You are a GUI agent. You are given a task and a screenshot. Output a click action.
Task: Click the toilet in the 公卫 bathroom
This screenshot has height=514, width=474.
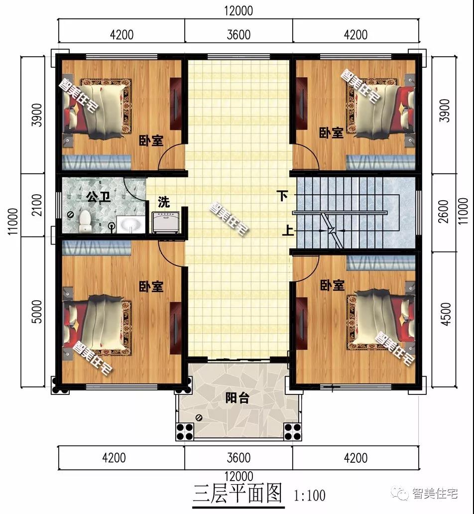point(85,221)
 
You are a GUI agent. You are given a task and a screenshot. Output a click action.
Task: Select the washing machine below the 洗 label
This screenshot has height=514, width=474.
point(165,223)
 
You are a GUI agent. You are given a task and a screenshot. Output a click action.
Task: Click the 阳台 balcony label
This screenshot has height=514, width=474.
point(237,398)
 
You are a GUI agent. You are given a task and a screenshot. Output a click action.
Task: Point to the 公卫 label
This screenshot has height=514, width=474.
point(98,197)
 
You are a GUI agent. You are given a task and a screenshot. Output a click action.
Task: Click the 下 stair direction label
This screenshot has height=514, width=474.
point(282,196)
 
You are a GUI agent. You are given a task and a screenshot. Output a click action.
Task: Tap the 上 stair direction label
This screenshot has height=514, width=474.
point(288,230)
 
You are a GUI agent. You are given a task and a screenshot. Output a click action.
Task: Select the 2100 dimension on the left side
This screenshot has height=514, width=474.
point(37,205)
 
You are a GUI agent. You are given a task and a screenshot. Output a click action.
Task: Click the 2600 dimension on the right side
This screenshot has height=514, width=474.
point(443,212)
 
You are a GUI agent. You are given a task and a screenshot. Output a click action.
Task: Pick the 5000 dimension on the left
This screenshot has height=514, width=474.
point(37,312)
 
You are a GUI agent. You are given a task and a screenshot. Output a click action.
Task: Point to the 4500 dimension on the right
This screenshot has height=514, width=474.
point(446,314)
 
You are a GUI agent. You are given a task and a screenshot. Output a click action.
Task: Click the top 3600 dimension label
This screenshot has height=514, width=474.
point(238,34)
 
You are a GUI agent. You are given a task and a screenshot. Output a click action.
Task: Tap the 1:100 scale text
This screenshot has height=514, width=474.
point(310,496)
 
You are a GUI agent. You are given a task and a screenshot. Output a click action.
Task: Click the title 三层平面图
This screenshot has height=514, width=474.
point(237,494)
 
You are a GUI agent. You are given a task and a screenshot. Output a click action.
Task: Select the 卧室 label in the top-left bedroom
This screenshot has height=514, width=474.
point(151,141)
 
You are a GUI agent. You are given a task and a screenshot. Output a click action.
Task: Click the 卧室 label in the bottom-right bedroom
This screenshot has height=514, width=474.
point(332,285)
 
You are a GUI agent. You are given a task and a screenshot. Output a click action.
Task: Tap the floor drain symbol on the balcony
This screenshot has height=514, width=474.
point(199,418)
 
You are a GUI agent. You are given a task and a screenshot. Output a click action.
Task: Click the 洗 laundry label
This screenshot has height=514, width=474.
point(164,202)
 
